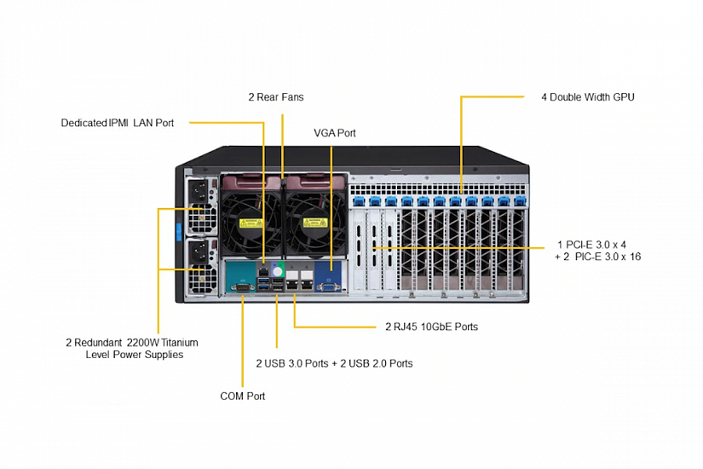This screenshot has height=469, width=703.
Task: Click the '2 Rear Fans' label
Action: tap(275, 97)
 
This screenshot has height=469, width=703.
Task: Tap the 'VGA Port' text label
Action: tap(334, 133)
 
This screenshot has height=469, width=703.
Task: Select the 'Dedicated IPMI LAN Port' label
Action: tap(118, 123)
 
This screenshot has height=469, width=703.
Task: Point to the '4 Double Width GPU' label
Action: tap(587, 97)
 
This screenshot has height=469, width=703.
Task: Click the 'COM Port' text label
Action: tap(242, 396)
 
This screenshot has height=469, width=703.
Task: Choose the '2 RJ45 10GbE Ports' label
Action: tap(431, 326)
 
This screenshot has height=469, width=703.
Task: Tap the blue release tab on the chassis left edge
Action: tap(179, 230)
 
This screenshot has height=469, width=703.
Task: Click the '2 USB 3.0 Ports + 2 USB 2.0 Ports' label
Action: tap(334, 363)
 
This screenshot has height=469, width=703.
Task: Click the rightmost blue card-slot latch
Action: tap(519, 201)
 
